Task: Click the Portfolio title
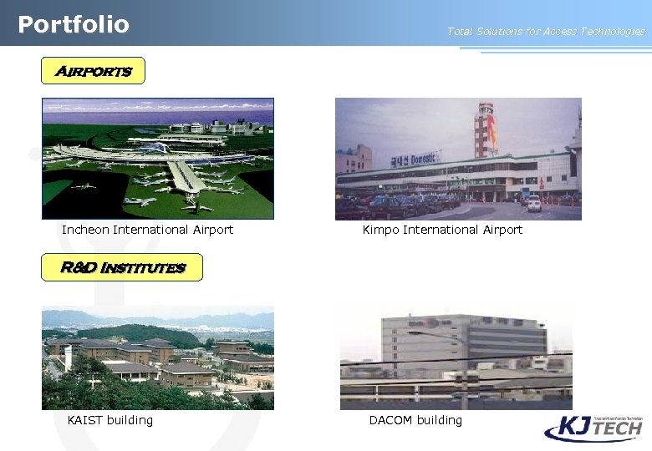(74, 24)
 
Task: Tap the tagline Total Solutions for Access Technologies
(546, 32)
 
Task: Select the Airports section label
(93, 71)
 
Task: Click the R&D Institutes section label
(122, 267)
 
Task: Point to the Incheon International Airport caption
(147, 230)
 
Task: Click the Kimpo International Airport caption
(442, 230)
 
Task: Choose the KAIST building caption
(110, 420)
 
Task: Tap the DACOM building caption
(415, 420)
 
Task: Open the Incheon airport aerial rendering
(158, 159)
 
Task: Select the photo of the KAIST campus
(158, 357)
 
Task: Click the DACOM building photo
(456, 357)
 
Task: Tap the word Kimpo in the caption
(380, 230)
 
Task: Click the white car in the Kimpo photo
(533, 204)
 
